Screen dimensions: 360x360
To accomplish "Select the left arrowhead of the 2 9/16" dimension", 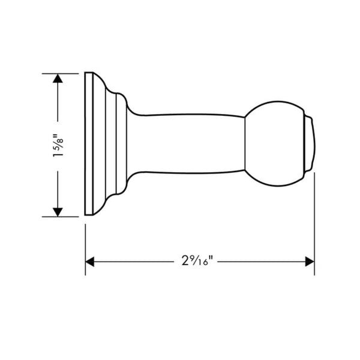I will click(91, 262).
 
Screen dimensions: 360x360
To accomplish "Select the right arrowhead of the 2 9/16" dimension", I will click(310, 262).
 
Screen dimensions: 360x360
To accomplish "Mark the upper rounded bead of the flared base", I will click(120, 98).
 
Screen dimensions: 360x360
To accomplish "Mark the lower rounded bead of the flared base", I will click(120, 191).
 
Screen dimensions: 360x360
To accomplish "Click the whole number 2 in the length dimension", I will click(184, 262).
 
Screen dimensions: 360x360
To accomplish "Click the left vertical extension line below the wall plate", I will click(85, 246).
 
